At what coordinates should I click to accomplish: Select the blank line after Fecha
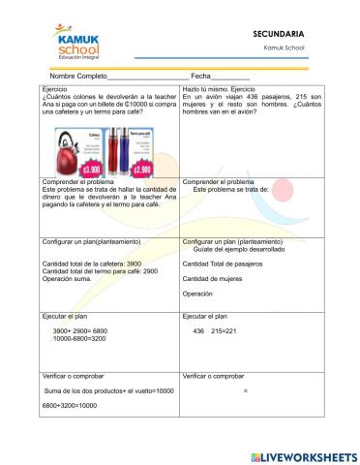(x=231, y=77)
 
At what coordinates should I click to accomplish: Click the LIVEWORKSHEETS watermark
(x=305, y=454)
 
